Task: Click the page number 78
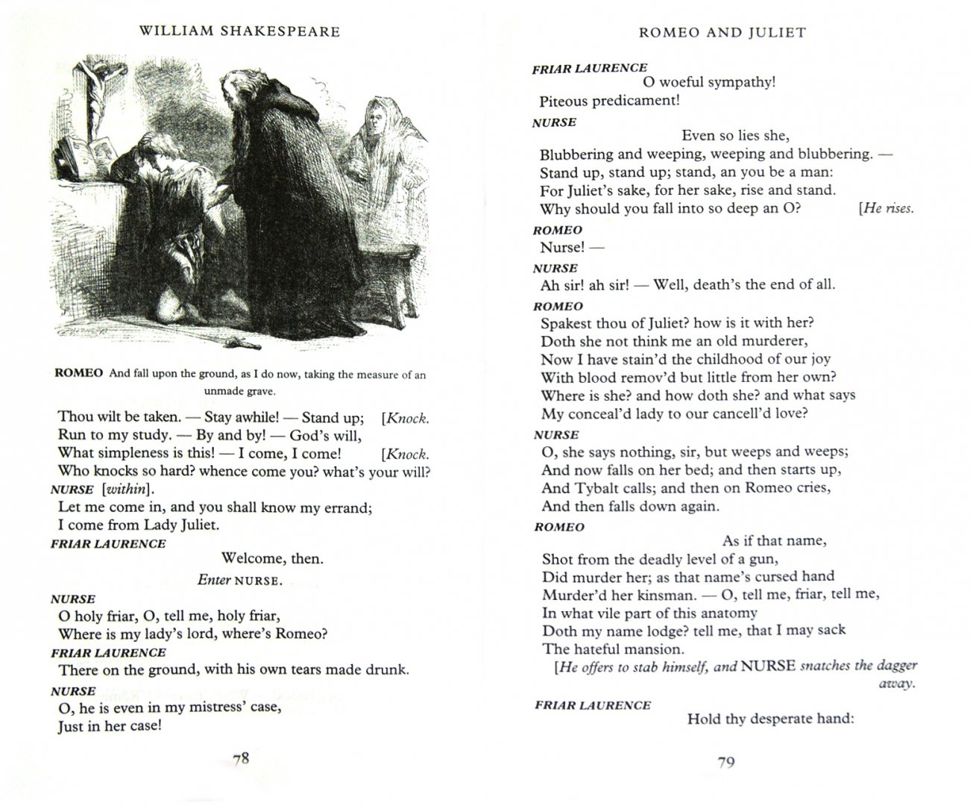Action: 240,759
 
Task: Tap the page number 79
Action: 725,762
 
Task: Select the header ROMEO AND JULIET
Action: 722,32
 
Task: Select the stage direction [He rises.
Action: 886,208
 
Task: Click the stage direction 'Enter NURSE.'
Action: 239,580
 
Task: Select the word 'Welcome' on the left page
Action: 251,558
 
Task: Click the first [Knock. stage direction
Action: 405,418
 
